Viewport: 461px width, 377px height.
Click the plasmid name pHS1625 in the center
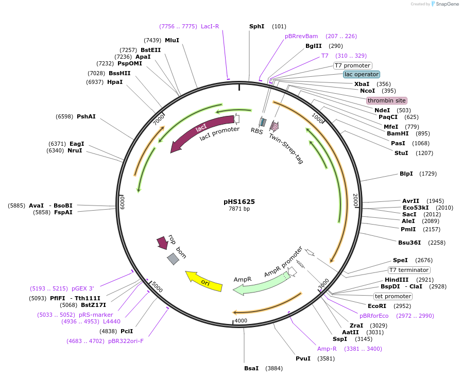(x=239, y=201)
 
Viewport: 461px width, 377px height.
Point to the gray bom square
(x=173, y=259)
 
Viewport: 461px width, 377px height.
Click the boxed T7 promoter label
(x=352, y=65)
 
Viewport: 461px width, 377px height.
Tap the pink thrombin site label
(x=386, y=100)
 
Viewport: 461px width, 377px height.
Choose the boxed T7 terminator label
(x=409, y=270)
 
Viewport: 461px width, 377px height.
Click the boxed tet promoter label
(x=393, y=296)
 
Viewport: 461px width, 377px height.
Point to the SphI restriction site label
(x=257, y=26)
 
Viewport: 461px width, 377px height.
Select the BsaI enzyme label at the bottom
(x=252, y=368)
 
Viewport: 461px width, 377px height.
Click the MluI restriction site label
(x=172, y=40)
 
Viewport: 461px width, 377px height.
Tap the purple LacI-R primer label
(x=210, y=26)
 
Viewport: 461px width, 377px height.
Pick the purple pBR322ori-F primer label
(x=126, y=341)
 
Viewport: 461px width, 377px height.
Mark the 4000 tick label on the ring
(x=241, y=321)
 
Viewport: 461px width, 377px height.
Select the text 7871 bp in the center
(x=239, y=209)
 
